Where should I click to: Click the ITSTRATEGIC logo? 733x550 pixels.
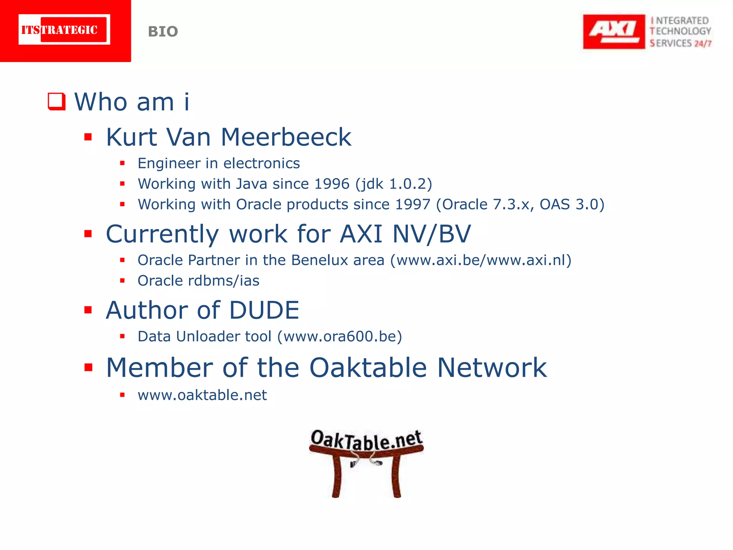(64, 30)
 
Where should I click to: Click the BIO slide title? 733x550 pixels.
(163, 32)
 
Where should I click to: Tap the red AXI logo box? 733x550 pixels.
(613, 32)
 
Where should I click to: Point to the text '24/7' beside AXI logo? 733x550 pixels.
(703, 44)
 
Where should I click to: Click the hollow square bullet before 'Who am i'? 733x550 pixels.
(57, 101)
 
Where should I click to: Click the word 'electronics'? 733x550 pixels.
(262, 163)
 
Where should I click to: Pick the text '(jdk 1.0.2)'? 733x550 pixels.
(394, 184)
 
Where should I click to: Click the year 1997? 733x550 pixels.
(412, 204)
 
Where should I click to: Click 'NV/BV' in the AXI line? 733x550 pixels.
(432, 234)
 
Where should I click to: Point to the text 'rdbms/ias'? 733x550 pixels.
(224, 281)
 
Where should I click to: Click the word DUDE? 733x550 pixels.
(264, 310)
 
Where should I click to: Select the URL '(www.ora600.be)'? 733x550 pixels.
(340, 337)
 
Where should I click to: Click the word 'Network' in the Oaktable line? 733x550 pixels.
(492, 368)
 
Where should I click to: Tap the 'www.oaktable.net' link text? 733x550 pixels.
(202, 395)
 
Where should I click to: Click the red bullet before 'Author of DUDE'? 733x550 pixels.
(88, 310)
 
